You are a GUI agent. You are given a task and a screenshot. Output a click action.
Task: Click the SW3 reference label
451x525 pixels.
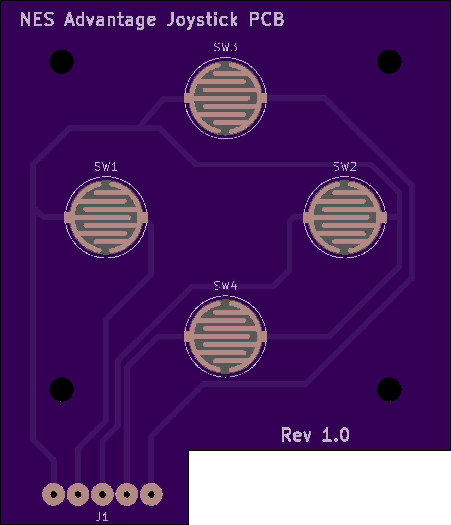pyautogui.click(x=225, y=47)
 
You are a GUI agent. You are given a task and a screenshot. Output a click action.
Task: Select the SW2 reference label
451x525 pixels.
pyautogui.click(x=345, y=167)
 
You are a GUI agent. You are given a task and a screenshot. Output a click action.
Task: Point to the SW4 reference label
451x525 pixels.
pyautogui.click(x=225, y=286)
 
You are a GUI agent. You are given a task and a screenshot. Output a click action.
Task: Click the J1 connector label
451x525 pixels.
pyautogui.click(x=102, y=517)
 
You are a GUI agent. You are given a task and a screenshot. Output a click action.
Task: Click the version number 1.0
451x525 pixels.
pyautogui.click(x=336, y=435)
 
